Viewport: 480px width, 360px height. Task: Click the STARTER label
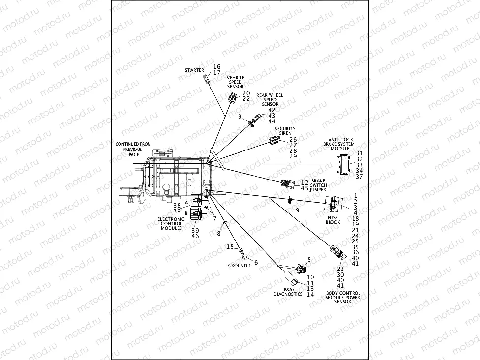pyautogui.click(x=194, y=70)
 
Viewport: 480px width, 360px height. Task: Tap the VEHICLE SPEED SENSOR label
pyautogui.click(x=236, y=82)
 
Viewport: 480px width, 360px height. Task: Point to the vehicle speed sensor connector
pyautogui.click(x=232, y=98)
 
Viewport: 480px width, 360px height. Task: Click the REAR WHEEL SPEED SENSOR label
pyautogui.click(x=270, y=100)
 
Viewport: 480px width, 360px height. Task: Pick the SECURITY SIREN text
pyautogui.click(x=285, y=131)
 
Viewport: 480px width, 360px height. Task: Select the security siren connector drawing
pyautogui.click(x=274, y=141)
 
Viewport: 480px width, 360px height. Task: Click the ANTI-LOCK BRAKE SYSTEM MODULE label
pyautogui.click(x=338, y=144)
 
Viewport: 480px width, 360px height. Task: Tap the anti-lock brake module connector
pyautogui.click(x=343, y=163)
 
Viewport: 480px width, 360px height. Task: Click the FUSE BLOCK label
pyautogui.click(x=333, y=219)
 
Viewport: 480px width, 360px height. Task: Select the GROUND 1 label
pyautogui.click(x=239, y=266)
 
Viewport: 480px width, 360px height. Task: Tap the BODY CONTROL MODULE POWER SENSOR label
pyautogui.click(x=343, y=298)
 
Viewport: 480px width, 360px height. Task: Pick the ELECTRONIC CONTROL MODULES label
pyautogui.click(x=171, y=224)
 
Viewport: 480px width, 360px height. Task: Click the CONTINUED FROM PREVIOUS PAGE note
pyautogui.click(x=133, y=149)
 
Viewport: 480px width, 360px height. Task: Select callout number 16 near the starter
pyautogui.click(x=217, y=66)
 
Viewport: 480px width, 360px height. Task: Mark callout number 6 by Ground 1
pyautogui.click(x=256, y=262)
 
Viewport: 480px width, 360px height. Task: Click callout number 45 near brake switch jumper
pyautogui.click(x=305, y=188)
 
